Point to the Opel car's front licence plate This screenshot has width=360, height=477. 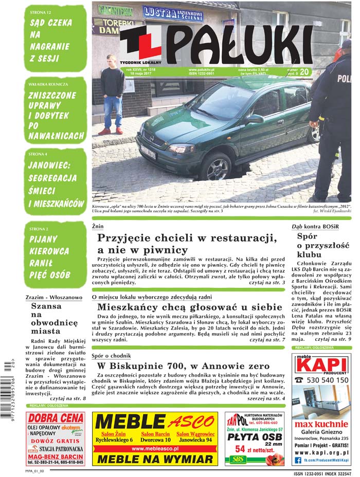pos(148,153)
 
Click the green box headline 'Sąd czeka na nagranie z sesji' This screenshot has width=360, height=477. pos(51,41)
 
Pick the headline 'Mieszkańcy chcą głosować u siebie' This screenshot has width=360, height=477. pos(190,308)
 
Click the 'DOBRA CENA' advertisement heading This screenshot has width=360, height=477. pos(56,419)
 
